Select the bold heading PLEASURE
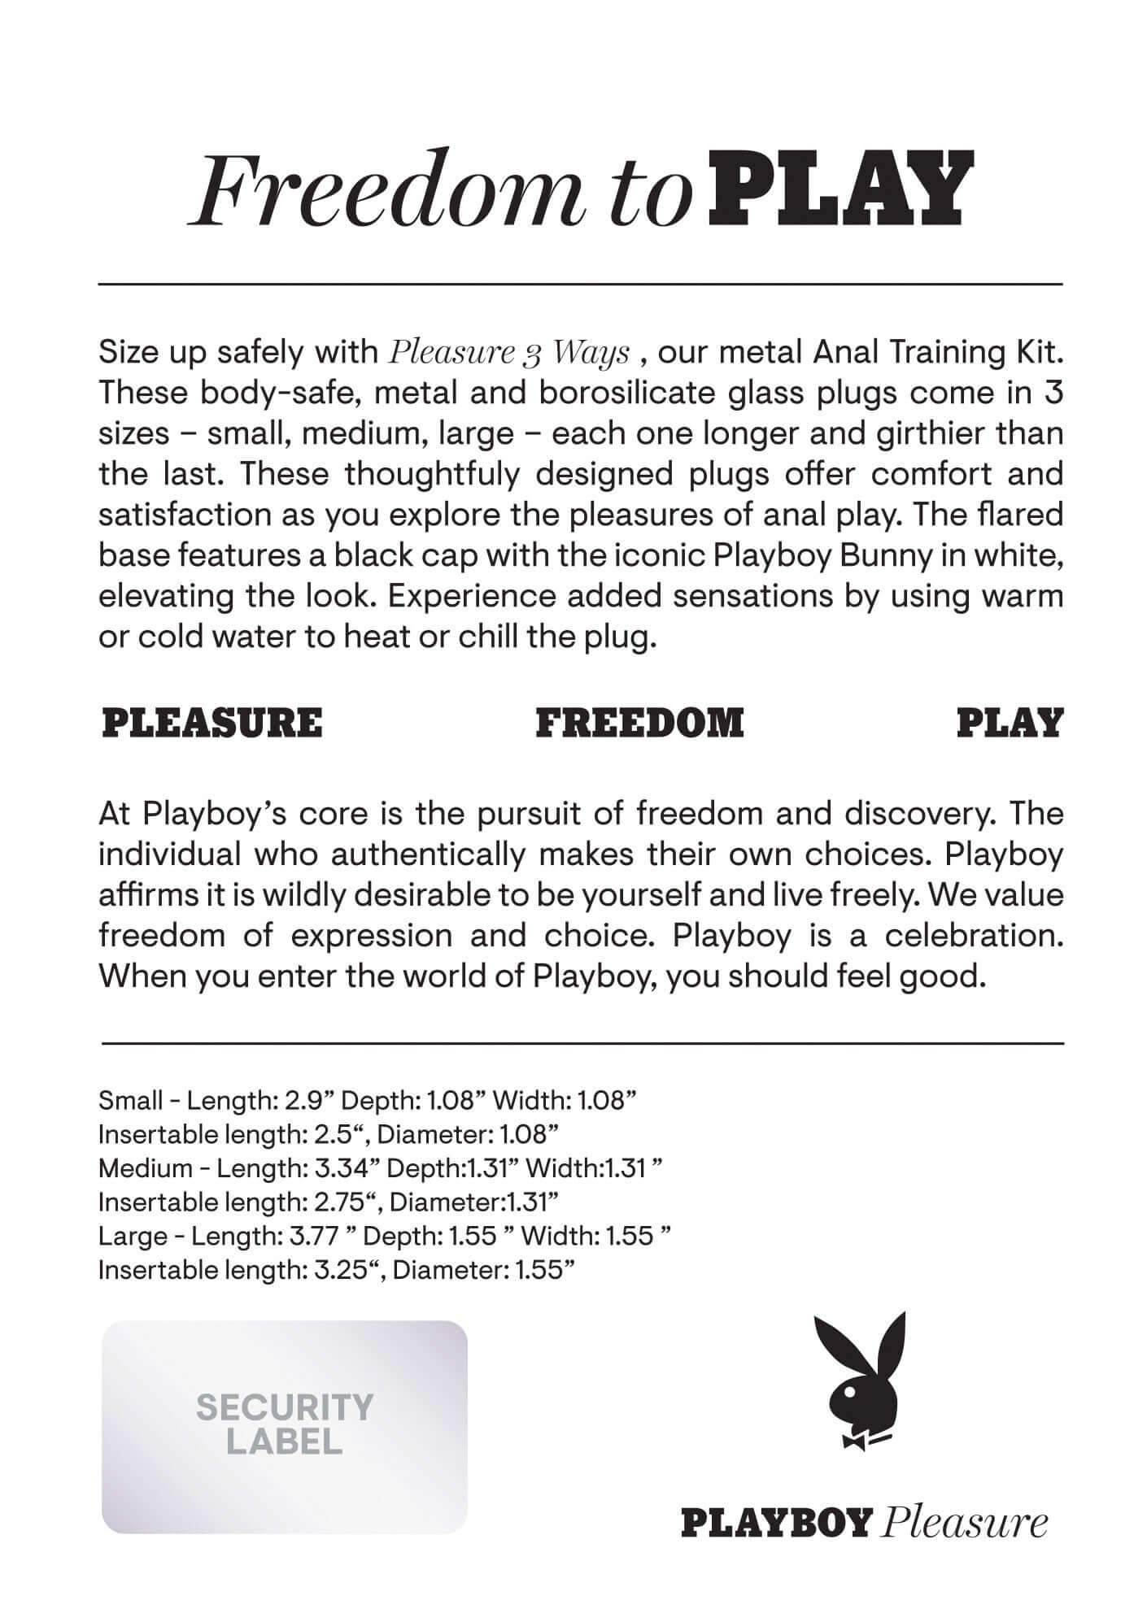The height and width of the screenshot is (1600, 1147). (212, 722)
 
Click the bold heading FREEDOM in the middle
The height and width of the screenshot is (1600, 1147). (639, 722)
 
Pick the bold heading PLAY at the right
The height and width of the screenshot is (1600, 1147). (1010, 722)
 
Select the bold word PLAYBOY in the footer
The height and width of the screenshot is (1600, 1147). (776, 1522)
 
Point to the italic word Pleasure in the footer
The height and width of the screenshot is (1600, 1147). (964, 1522)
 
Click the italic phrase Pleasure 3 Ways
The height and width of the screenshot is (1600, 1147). (509, 353)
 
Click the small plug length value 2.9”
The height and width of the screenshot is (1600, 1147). (307, 1101)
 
